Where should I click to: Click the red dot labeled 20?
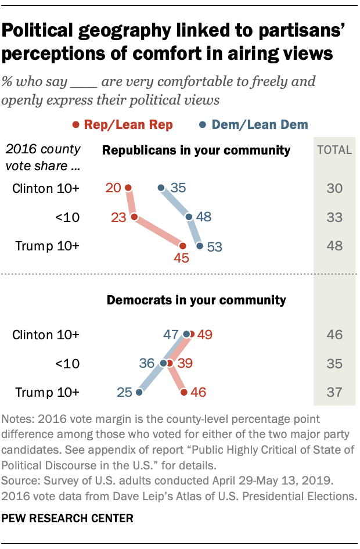pos(128,188)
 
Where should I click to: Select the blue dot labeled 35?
pos(162,188)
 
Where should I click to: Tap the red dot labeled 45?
pos(183,246)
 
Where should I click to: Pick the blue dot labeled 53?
pos(200,246)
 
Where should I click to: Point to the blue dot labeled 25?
pos(139,393)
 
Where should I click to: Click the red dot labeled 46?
pos(184,393)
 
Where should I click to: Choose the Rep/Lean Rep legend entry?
pos(125,124)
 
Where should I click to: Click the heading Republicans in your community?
pos(196,150)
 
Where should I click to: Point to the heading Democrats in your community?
pos(196,300)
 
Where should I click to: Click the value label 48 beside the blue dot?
pos(203,217)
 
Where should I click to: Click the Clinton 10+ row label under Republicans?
pos(46,188)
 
